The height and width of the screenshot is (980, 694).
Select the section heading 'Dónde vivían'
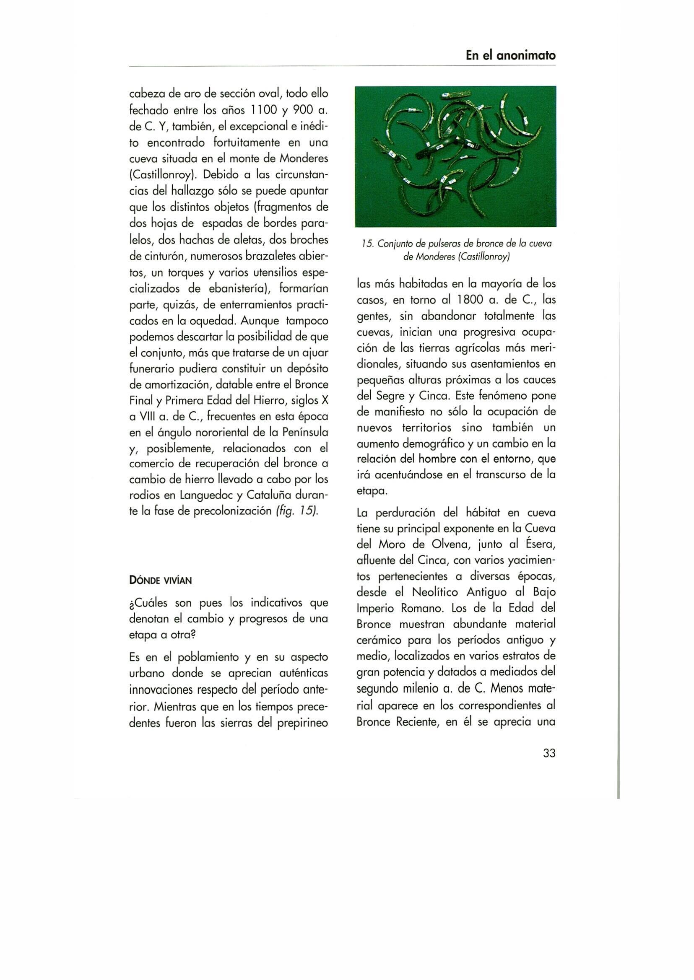pos(160,581)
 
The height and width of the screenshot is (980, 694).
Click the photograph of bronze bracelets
pos(455,156)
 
